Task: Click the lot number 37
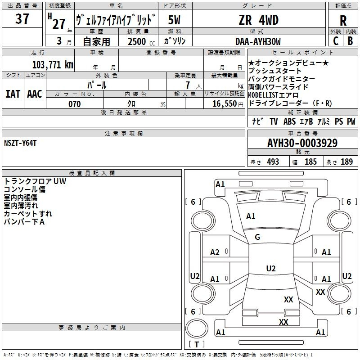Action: [x=22, y=18]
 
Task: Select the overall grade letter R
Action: [x=343, y=21]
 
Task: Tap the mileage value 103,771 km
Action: [x=53, y=64]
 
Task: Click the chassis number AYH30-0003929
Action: [x=302, y=143]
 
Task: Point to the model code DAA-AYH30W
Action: [x=258, y=41]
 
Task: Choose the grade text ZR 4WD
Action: [x=258, y=20]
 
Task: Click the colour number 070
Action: [x=75, y=104]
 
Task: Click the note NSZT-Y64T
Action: [x=20, y=143]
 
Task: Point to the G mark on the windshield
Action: [x=257, y=237]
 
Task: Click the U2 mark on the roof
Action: [x=271, y=268]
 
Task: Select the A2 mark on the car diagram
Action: [x=215, y=252]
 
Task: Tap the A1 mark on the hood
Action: [x=251, y=216]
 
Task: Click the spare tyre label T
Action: [x=197, y=344]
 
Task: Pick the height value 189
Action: [x=346, y=162]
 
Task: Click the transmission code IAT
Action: [x=13, y=94]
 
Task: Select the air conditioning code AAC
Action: [x=35, y=94]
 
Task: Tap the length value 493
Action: [x=273, y=162]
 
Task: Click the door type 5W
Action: [x=174, y=20]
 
